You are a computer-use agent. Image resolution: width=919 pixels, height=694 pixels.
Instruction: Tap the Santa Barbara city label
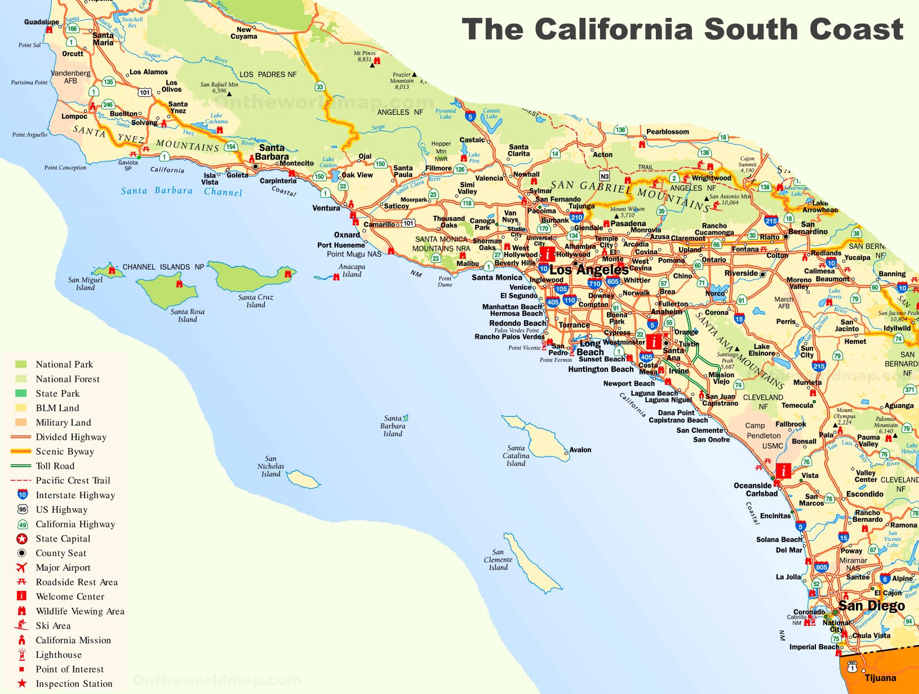pyautogui.click(x=272, y=153)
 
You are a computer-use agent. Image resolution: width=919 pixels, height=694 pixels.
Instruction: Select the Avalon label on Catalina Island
pyautogui.click(x=580, y=450)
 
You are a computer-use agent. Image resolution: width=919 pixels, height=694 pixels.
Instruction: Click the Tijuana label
pyautogui.click(x=880, y=678)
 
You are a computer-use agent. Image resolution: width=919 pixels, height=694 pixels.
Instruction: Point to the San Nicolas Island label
pyautogui.click(x=270, y=467)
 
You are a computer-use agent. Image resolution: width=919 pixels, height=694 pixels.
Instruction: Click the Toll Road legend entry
pyautogui.click(x=55, y=466)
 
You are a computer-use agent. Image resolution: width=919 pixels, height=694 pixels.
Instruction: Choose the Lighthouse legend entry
pyautogui.click(x=59, y=655)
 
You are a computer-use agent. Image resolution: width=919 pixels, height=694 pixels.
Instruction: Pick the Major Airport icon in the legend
pyautogui.click(x=22, y=567)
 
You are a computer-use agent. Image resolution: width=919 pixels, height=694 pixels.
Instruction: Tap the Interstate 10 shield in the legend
pyautogui.click(x=22, y=495)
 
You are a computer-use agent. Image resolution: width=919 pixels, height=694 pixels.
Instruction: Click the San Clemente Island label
pyautogui.click(x=498, y=559)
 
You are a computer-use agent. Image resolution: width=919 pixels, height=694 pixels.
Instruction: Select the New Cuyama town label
pyautogui.click(x=243, y=33)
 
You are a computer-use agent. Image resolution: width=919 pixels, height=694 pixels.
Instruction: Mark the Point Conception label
pyautogui.click(x=65, y=168)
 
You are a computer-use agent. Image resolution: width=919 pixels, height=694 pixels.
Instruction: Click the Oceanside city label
pyautogui.click(x=752, y=485)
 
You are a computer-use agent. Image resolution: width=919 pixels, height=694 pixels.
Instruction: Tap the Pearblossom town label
pyautogui.click(x=667, y=132)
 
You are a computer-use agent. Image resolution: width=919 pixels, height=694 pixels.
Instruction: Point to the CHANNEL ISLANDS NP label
pyautogui.click(x=163, y=267)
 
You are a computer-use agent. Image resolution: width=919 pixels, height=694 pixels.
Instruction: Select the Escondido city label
pyautogui.click(x=864, y=494)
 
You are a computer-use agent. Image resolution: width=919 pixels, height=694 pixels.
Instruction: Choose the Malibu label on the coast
pyautogui.click(x=467, y=263)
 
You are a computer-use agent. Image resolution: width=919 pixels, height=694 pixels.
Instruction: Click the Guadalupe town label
pyautogui.click(x=41, y=22)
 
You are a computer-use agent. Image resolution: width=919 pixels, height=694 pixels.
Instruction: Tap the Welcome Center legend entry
pyautogui.click(x=70, y=597)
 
